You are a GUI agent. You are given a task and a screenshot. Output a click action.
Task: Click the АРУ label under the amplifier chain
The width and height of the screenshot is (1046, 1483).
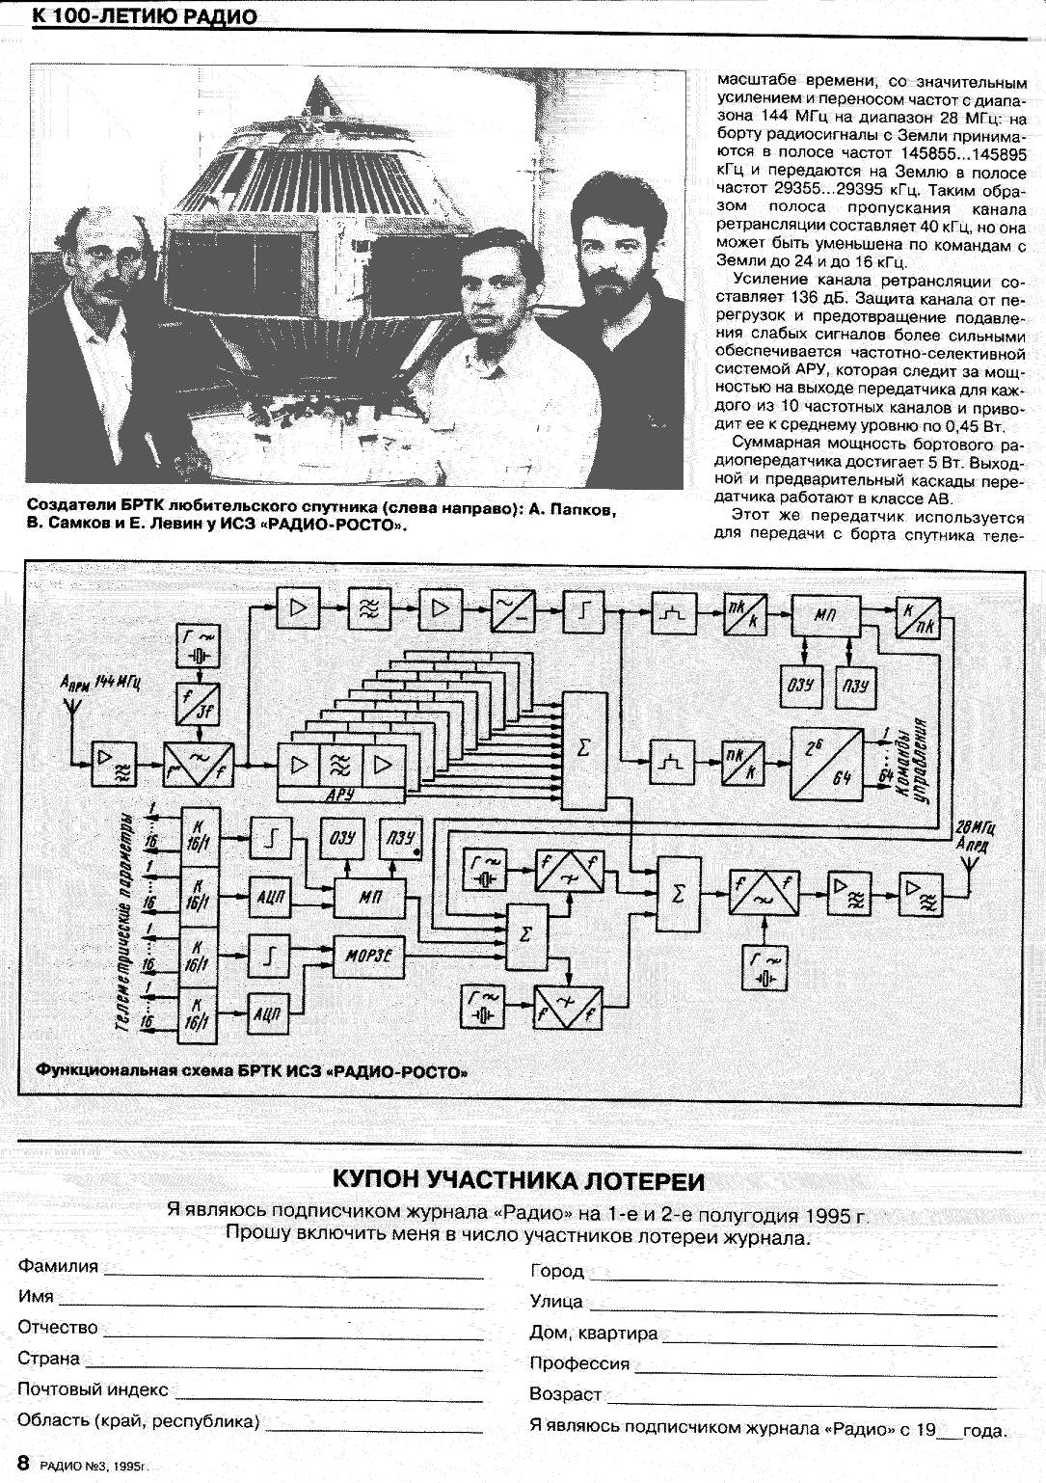(x=342, y=793)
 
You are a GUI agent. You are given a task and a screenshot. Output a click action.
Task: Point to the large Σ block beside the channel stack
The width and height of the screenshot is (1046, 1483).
(x=583, y=750)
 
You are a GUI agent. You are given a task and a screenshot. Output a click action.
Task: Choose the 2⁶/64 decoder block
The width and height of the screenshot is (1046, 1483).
(x=826, y=763)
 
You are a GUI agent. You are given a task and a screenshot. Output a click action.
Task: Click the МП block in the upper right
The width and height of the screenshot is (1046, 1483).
(x=826, y=615)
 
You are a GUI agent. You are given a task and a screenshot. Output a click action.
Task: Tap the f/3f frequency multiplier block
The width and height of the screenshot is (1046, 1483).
(x=198, y=705)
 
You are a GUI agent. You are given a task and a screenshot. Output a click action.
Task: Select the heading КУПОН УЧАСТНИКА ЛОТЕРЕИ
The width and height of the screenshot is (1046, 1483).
(x=519, y=1181)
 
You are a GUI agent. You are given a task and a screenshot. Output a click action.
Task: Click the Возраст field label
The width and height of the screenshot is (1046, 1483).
(x=565, y=1394)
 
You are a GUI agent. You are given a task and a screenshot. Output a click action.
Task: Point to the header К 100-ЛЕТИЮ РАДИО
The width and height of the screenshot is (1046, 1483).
(x=145, y=17)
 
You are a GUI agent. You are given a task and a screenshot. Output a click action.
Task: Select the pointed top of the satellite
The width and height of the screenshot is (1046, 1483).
(x=319, y=88)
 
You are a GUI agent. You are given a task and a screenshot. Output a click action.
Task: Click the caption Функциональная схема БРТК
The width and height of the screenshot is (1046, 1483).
(x=252, y=1071)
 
